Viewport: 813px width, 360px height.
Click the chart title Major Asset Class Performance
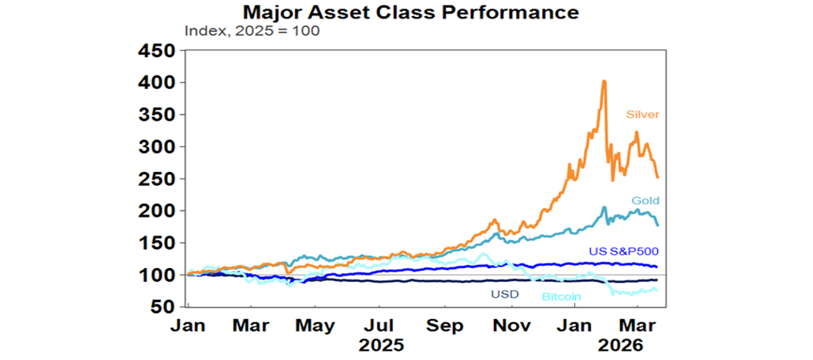click(403, 12)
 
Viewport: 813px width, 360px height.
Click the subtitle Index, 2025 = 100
click(251, 31)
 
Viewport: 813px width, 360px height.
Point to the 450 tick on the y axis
click(156, 51)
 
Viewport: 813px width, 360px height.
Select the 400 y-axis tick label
click(156, 83)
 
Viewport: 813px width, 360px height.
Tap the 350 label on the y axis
click(156, 115)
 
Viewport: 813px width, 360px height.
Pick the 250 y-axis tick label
click(156, 179)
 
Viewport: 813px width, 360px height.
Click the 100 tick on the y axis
click(156, 275)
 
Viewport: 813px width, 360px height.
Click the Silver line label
click(643, 114)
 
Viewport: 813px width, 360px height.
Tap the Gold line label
click(644, 201)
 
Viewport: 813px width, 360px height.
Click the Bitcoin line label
click(561, 297)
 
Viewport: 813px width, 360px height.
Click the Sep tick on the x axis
click(444, 325)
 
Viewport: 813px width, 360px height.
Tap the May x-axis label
click(314, 325)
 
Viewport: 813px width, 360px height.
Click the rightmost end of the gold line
click(657, 226)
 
